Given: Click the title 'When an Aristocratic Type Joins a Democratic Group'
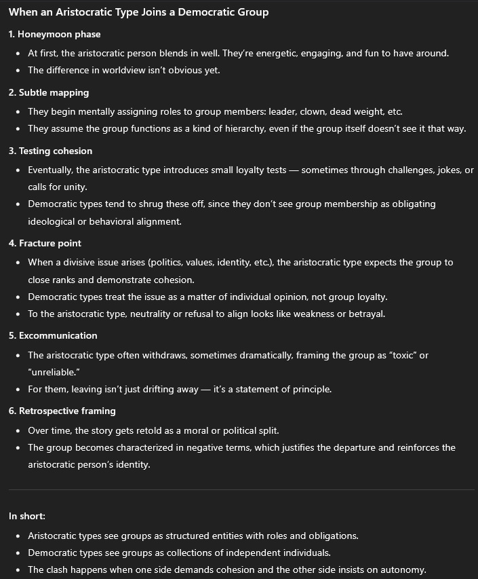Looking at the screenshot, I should click(x=138, y=12).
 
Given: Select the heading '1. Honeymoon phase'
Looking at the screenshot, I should click(x=55, y=34).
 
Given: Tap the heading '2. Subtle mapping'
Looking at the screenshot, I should click(x=49, y=92).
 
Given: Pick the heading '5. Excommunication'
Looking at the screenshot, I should click(x=53, y=335).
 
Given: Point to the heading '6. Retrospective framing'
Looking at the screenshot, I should click(x=62, y=411).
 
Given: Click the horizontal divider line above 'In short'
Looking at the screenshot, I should click(x=239, y=489).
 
